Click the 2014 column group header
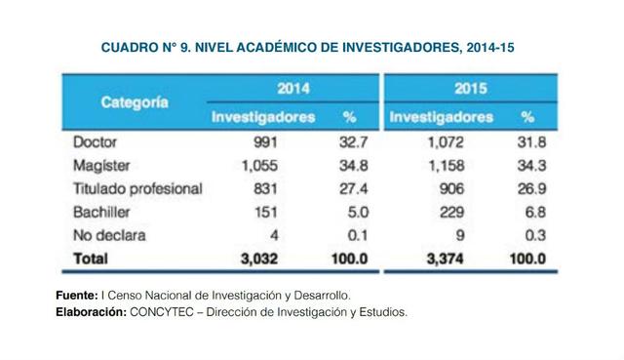click(293, 89)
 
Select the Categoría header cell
click(134, 101)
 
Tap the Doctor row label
click(96, 141)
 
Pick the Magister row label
click(101, 165)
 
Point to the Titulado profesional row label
click(137, 188)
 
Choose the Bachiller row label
click(102, 212)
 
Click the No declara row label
click(109, 235)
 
